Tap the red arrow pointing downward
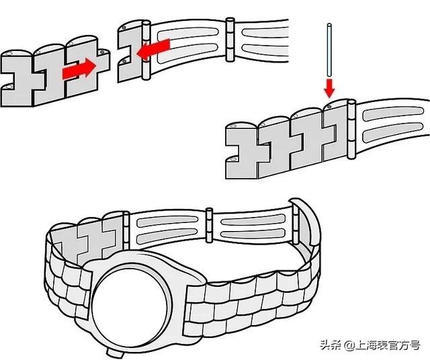(x=329, y=87)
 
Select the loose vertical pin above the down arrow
(x=328, y=50)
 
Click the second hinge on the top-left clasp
(x=230, y=38)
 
